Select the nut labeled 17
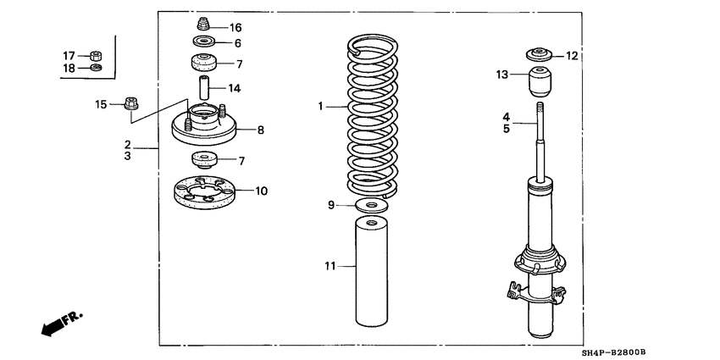[x=96, y=56]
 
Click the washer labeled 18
[x=96, y=68]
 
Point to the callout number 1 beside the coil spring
[x=321, y=107]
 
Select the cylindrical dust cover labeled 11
[x=371, y=270]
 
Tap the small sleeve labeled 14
[x=203, y=88]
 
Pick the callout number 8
[x=261, y=130]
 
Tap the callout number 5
[x=505, y=130]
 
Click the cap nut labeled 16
[x=203, y=25]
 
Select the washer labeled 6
[x=203, y=42]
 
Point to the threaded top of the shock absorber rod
[x=539, y=110]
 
